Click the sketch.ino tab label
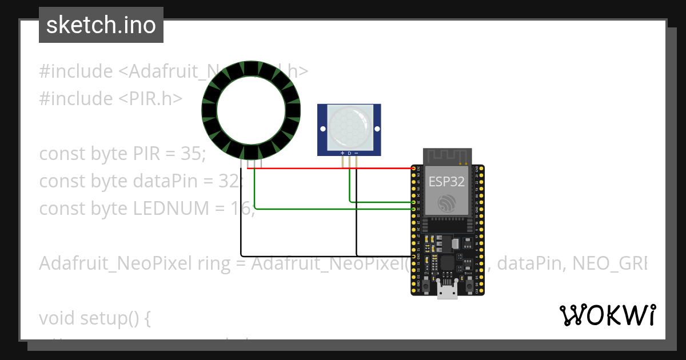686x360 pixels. pos(101,25)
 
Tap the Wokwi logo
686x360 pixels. pos(607,315)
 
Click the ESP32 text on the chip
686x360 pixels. pos(447,181)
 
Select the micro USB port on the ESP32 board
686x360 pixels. pos(447,290)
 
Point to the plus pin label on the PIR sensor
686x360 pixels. pos(342,153)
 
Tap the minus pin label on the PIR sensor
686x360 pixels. pos(357,153)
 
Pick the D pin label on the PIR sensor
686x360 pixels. pos(349,153)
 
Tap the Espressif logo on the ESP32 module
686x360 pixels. pos(447,203)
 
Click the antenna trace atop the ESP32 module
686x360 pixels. pos(447,156)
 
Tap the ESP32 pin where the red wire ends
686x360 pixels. pos(413,169)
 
